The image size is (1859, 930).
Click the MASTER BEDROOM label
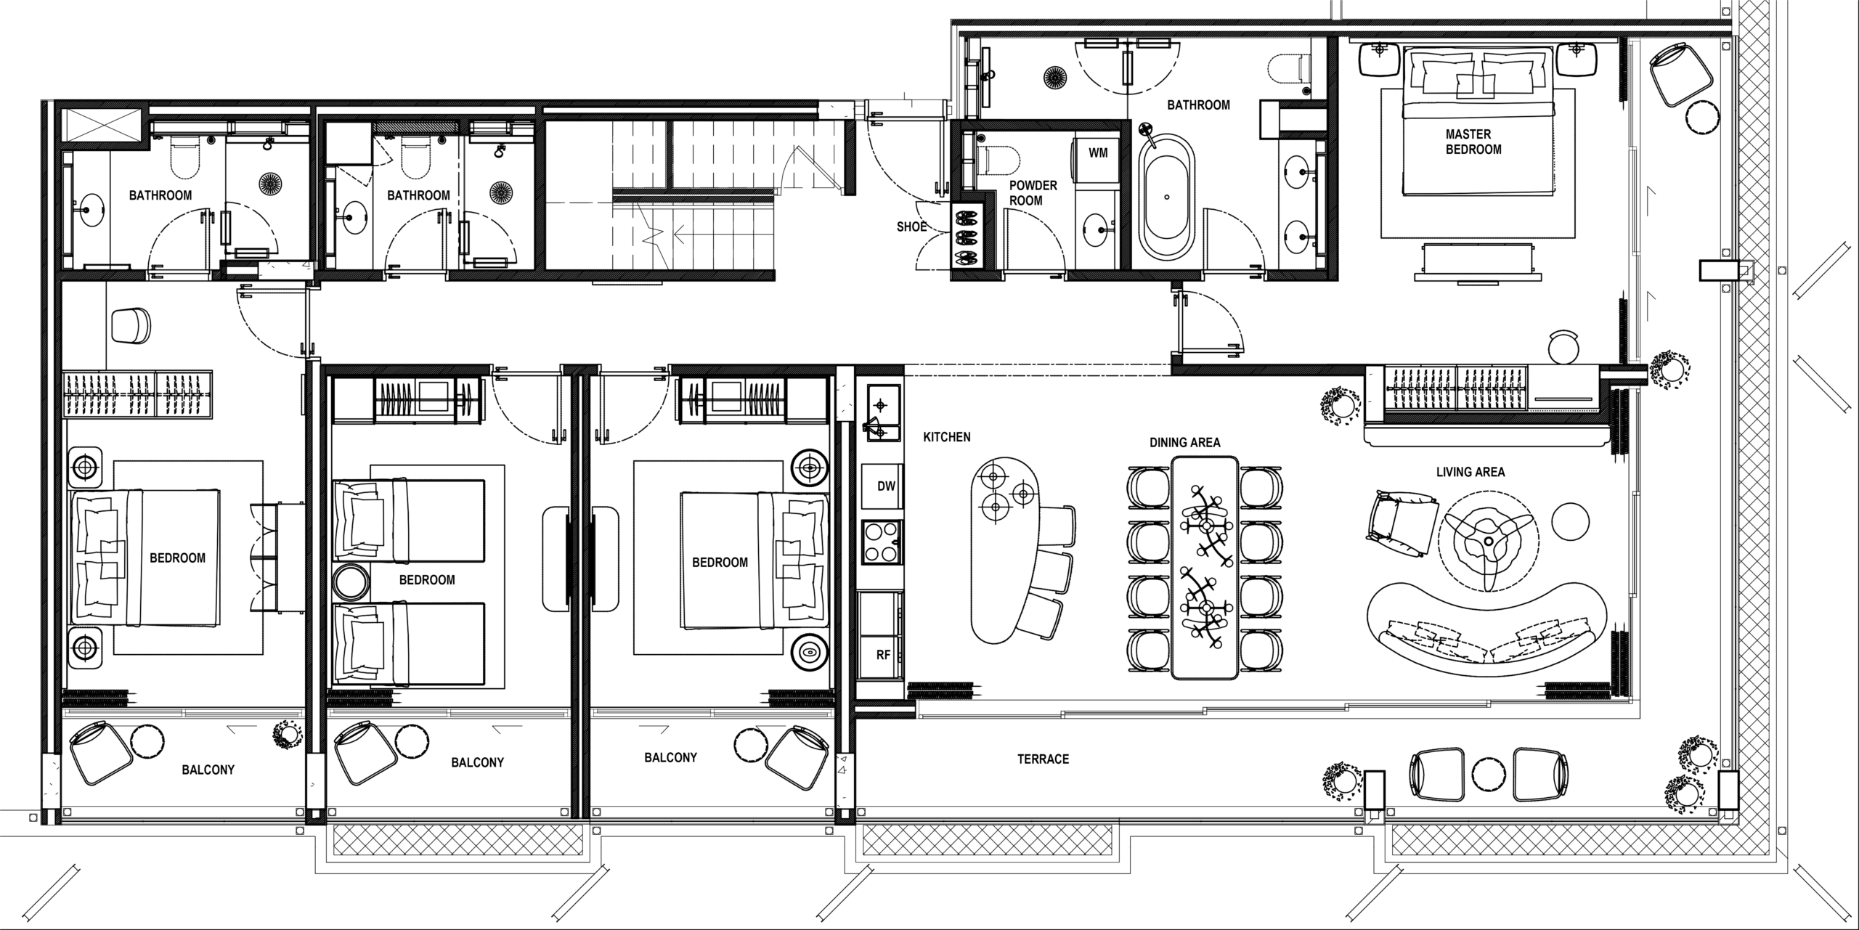click(1473, 142)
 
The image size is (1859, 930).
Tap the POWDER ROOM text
click(1033, 192)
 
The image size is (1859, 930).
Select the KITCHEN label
click(947, 438)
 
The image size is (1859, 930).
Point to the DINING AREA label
click(1185, 442)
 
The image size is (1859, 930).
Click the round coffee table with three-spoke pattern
click(1488, 540)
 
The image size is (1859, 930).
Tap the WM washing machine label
click(1097, 154)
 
